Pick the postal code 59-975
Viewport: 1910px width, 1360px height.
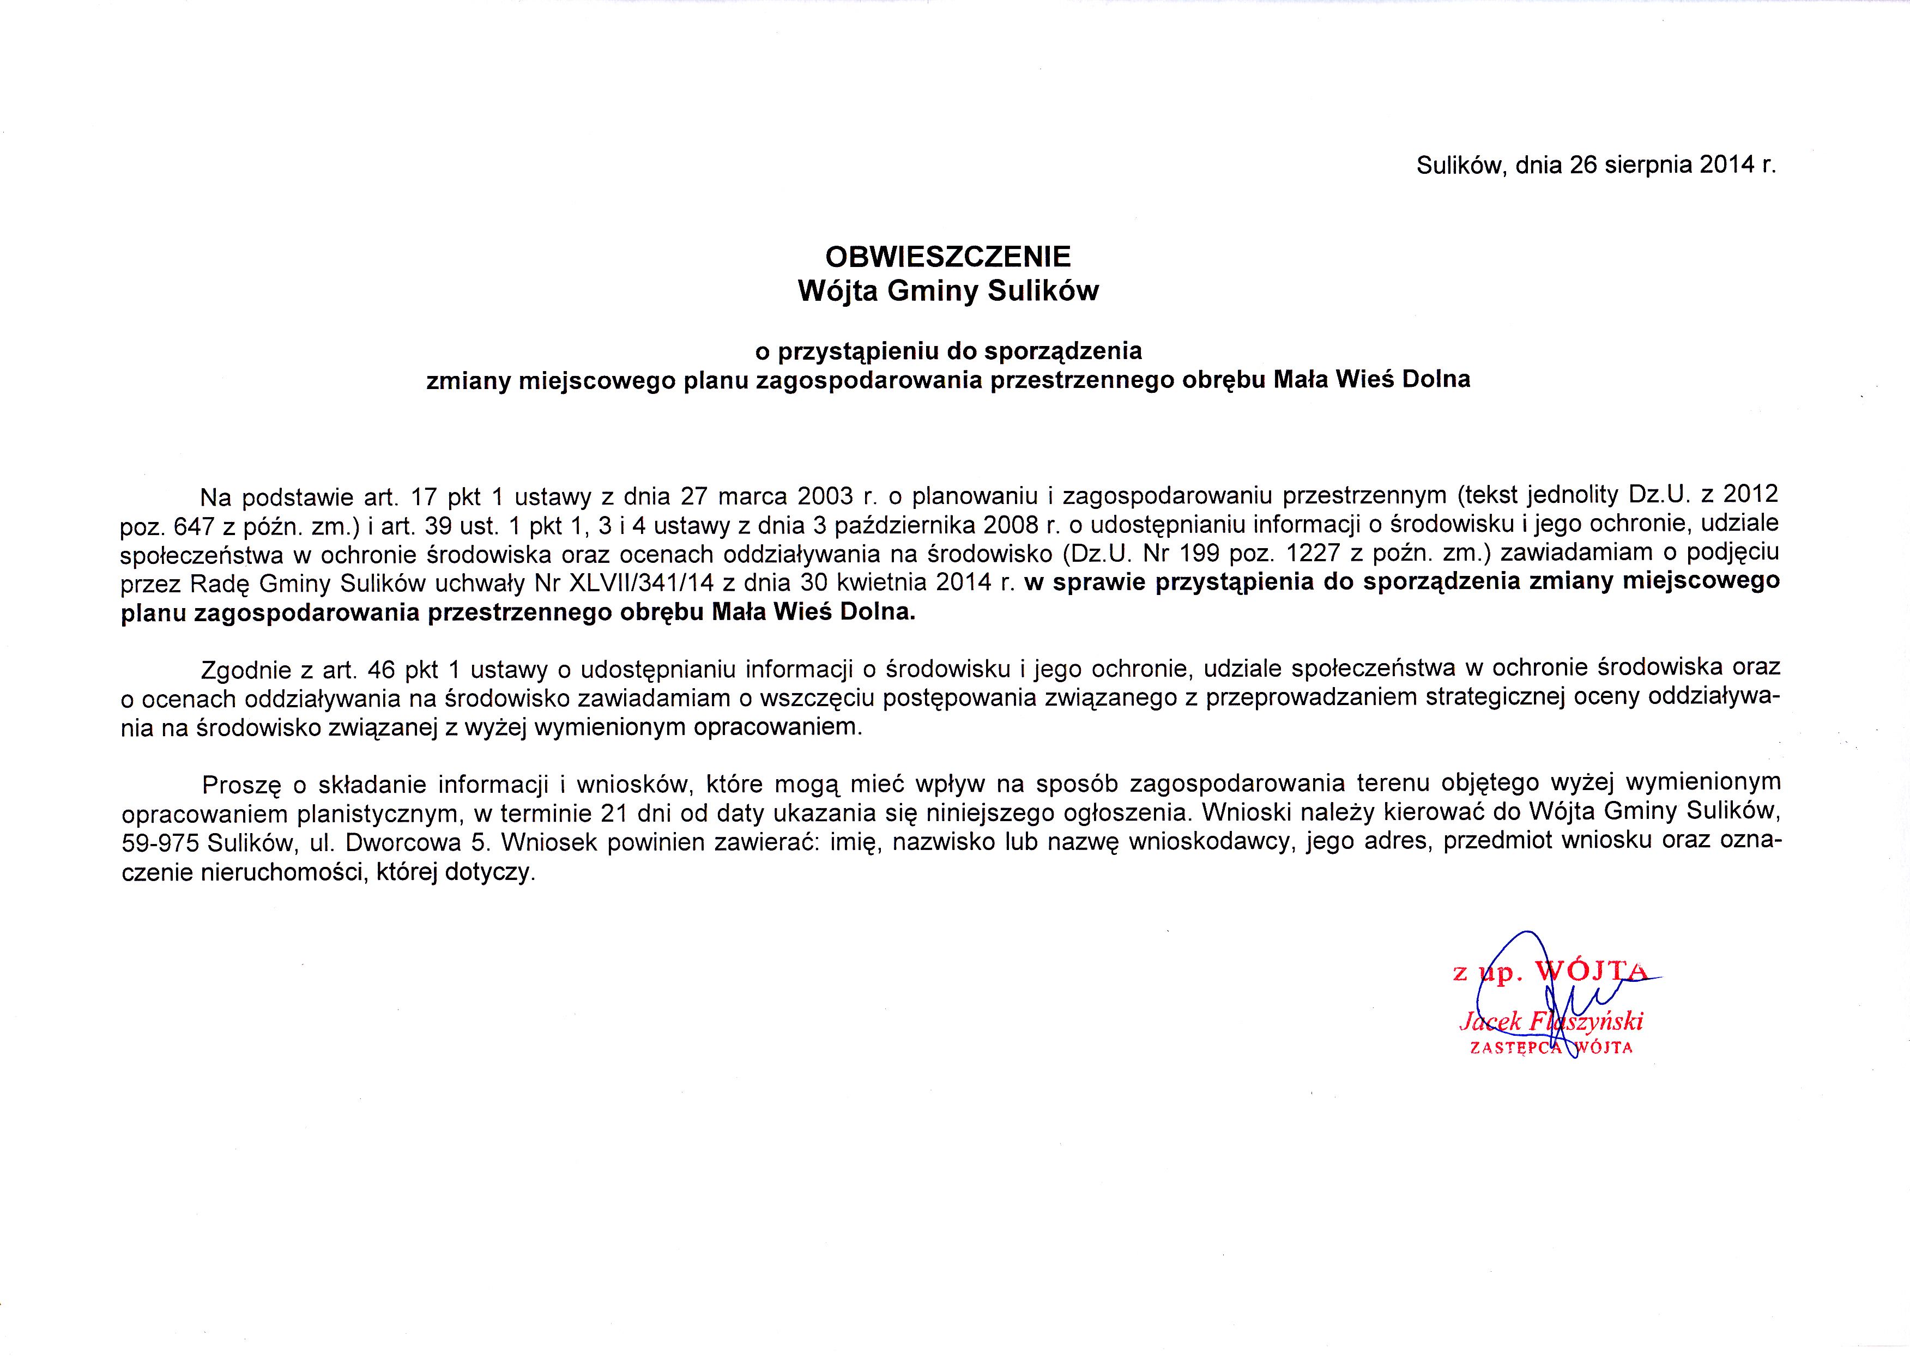pos(160,842)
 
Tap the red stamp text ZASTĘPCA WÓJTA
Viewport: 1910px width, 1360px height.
pos(1551,1048)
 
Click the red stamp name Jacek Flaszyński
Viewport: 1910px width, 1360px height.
pos(1551,1022)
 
